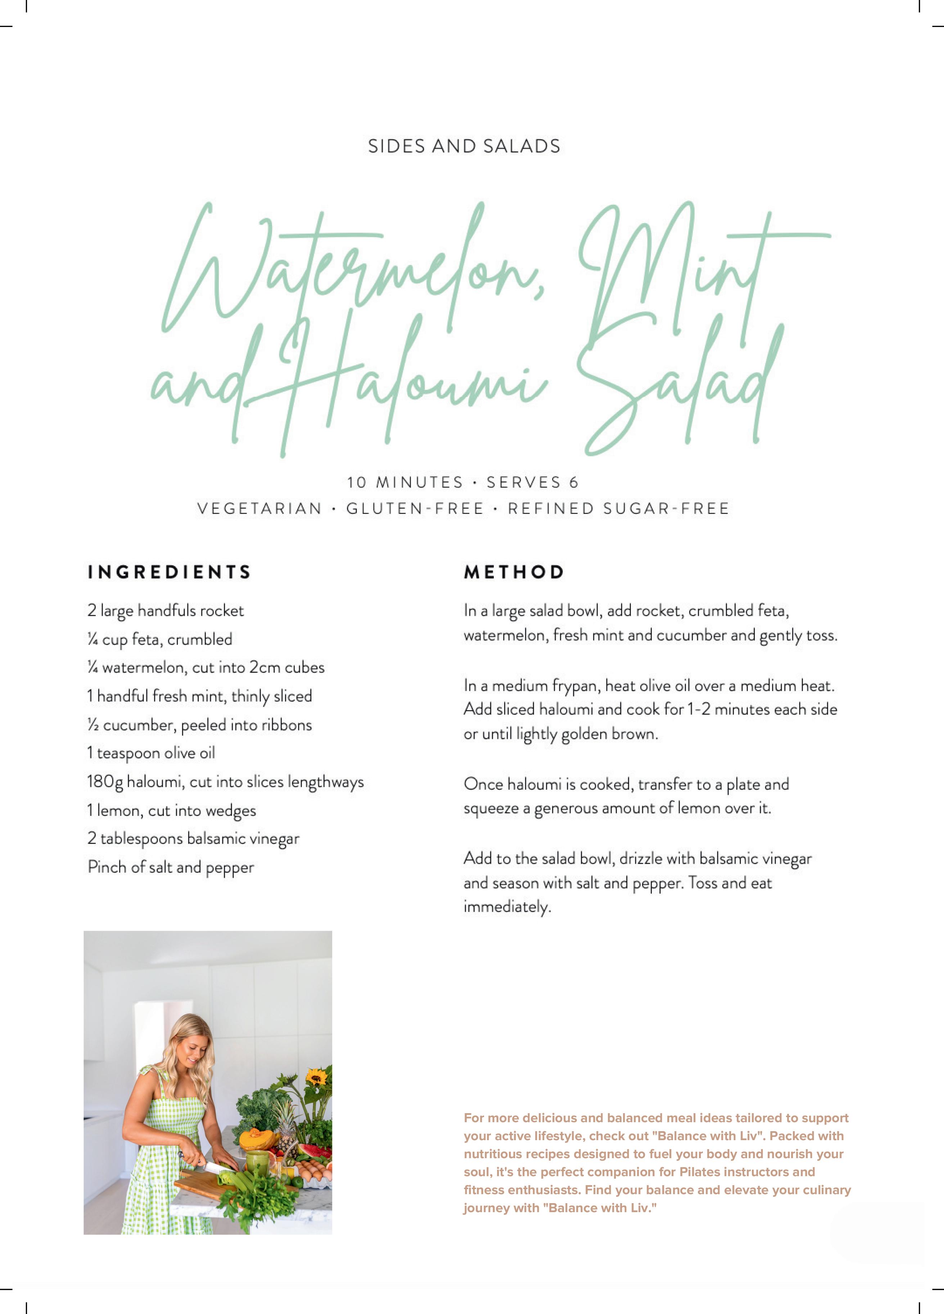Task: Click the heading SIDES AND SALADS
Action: click(464, 146)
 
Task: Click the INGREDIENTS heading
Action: click(169, 572)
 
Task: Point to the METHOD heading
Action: click(514, 572)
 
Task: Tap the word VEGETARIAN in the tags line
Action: click(259, 509)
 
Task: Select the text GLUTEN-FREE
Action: click(415, 509)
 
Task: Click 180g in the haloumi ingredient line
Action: click(105, 782)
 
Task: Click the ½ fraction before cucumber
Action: click(92, 725)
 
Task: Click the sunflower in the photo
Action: click(316, 1078)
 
